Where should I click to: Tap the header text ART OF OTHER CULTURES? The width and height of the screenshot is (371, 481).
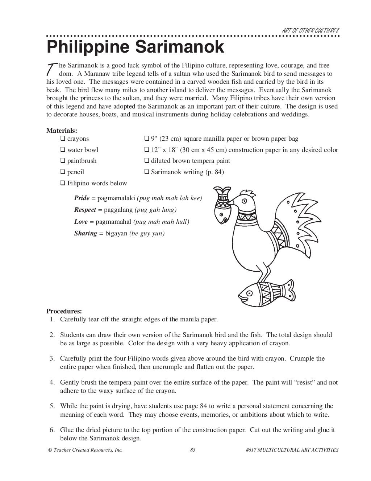point(310,31)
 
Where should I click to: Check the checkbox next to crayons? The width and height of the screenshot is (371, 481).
point(63,139)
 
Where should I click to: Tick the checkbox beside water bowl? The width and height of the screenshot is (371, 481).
point(63,150)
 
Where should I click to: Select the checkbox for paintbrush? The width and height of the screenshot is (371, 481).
point(63,161)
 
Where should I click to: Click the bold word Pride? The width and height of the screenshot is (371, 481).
point(82,198)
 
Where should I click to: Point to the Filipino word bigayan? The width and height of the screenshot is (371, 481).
point(116,234)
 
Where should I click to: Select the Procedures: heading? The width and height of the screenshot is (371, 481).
point(64,311)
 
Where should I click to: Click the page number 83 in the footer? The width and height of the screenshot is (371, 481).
point(193,450)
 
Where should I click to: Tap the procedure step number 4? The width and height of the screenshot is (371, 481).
point(52,382)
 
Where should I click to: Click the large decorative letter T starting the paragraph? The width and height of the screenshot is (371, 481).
point(52,69)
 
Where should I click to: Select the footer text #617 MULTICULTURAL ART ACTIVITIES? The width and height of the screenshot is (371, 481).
point(292,450)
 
